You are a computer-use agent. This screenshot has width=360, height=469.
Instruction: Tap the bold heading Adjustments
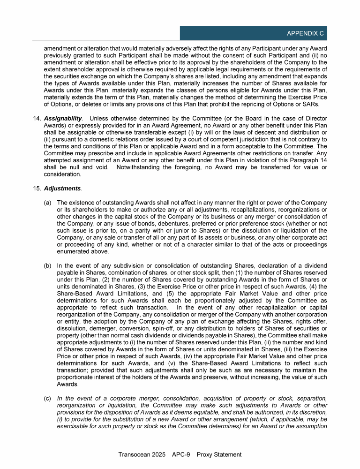pos(62,189)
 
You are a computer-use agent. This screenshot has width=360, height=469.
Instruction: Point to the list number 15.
pos(37,189)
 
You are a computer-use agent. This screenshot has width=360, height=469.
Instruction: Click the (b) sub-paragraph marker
pos(48,265)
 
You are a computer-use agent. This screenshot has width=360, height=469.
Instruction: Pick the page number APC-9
pos(181,454)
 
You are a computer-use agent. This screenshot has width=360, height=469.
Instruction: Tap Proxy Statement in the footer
pos(219,454)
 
